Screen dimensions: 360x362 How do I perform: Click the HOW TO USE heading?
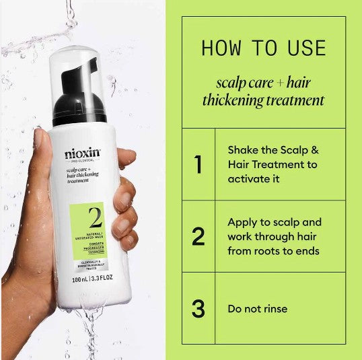[x=263, y=48]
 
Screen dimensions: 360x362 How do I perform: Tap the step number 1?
[x=198, y=165]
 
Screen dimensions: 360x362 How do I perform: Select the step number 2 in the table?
[x=198, y=236]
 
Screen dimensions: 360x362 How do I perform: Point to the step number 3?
[x=198, y=309]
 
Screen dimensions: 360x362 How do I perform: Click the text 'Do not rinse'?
[x=257, y=309]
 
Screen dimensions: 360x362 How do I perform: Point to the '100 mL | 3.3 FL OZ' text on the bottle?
[x=87, y=277]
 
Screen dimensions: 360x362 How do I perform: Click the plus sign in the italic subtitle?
[x=280, y=83]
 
